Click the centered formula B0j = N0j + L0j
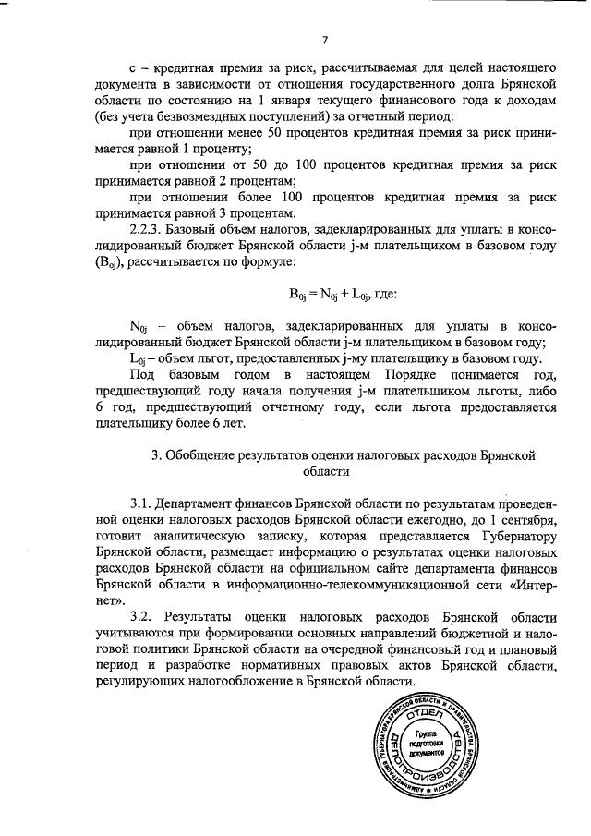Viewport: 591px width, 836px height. tap(335, 295)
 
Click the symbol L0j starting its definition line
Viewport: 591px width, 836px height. tap(139, 359)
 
